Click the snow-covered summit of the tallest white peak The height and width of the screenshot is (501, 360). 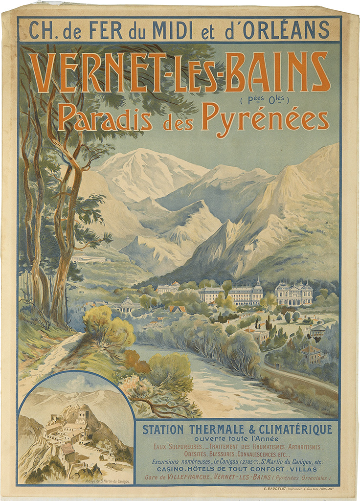tap(145, 154)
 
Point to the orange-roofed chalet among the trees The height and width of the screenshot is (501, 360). tap(177, 309)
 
